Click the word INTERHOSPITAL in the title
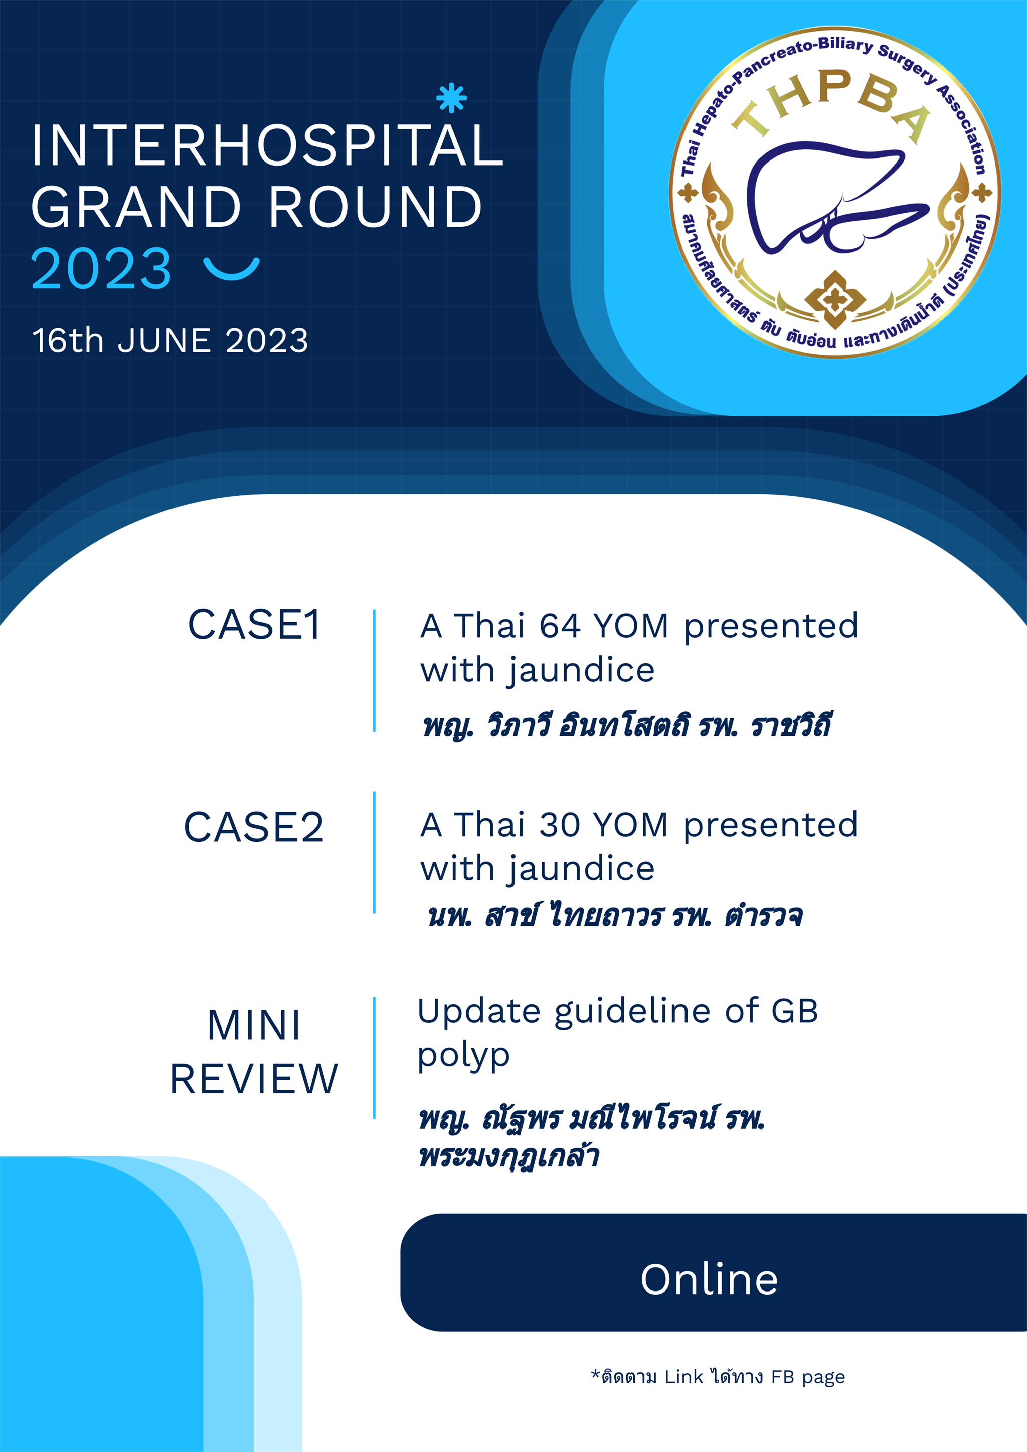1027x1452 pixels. point(267,145)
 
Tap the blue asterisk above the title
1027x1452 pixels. point(451,98)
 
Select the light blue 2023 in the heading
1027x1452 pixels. point(101,269)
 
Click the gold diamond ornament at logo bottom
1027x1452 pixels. point(835,299)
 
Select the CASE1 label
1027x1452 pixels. point(254,625)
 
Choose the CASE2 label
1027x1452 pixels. point(254,827)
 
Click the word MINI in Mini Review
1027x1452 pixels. point(254,1025)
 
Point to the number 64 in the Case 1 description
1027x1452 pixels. point(560,627)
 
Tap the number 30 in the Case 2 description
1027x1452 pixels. point(560,825)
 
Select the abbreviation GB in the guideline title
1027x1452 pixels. point(794,1011)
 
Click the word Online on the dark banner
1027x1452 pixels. point(709,1279)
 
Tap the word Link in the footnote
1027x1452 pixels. point(683,1377)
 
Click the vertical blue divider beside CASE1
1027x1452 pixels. point(375,671)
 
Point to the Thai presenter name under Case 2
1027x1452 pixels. point(615,916)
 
